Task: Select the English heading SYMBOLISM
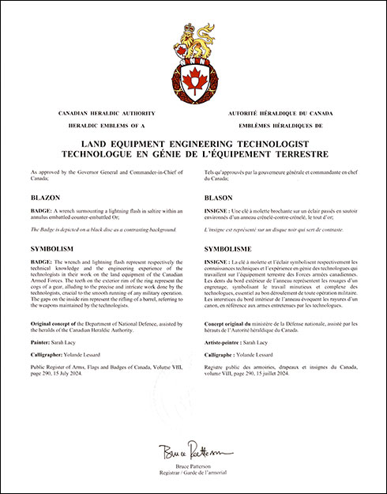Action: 54,247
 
